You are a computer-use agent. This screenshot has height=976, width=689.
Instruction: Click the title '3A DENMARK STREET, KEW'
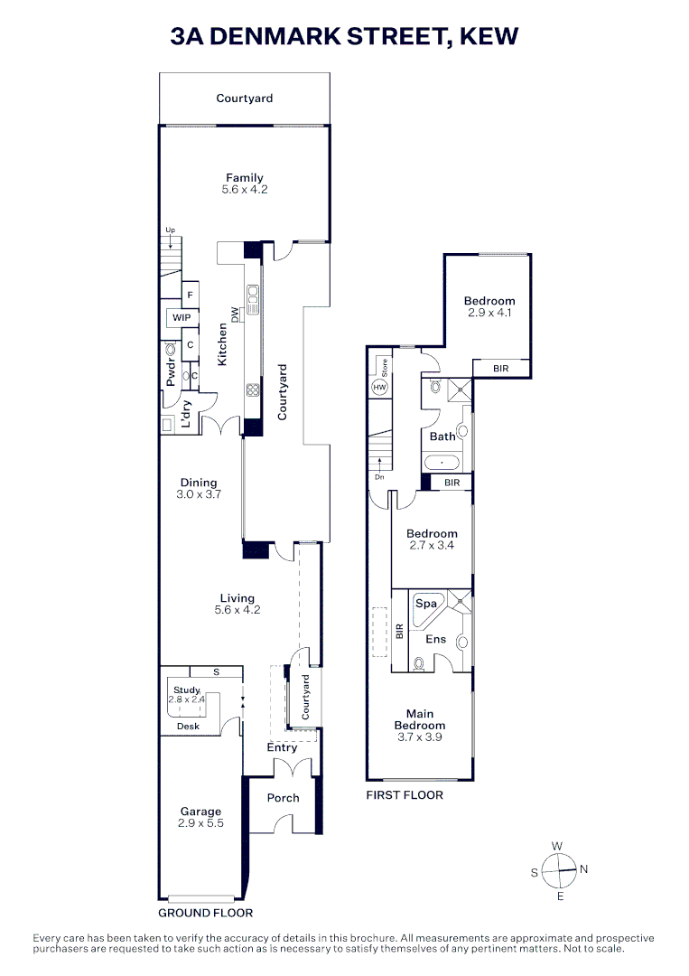pyautogui.click(x=344, y=36)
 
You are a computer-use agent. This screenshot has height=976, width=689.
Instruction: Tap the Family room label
pyautogui.click(x=245, y=178)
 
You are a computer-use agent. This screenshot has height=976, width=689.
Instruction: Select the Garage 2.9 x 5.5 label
pyautogui.click(x=200, y=818)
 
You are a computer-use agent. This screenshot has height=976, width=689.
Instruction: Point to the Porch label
pyautogui.click(x=284, y=798)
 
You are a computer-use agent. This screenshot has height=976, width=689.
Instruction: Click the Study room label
pyautogui.click(x=187, y=690)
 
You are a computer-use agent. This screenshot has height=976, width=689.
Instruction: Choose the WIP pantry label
pyautogui.click(x=182, y=318)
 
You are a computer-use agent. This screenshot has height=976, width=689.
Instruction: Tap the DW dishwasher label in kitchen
pyautogui.click(x=236, y=314)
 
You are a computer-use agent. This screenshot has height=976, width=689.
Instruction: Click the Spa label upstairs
pyautogui.click(x=426, y=603)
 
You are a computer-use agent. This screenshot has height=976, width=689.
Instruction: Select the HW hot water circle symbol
pyautogui.click(x=377, y=387)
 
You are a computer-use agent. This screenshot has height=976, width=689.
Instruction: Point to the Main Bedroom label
pyautogui.click(x=420, y=719)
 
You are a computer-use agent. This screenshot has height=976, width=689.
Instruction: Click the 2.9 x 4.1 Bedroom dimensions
pyautogui.click(x=489, y=313)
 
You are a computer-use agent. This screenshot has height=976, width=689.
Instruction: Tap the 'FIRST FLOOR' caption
pyautogui.click(x=405, y=795)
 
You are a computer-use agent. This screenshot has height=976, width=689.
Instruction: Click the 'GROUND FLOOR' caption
pyautogui.click(x=206, y=913)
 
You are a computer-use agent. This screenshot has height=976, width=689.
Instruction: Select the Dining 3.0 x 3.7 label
pyautogui.click(x=199, y=489)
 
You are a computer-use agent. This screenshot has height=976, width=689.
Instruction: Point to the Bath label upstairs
pyautogui.click(x=442, y=436)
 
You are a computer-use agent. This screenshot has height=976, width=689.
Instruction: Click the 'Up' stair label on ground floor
pyautogui.click(x=170, y=230)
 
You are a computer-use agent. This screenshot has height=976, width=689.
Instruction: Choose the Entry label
pyautogui.click(x=282, y=747)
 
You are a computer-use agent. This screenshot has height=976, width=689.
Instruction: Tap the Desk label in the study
pyautogui.click(x=188, y=726)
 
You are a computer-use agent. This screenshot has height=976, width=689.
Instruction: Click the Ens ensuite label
pyautogui.click(x=436, y=639)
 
